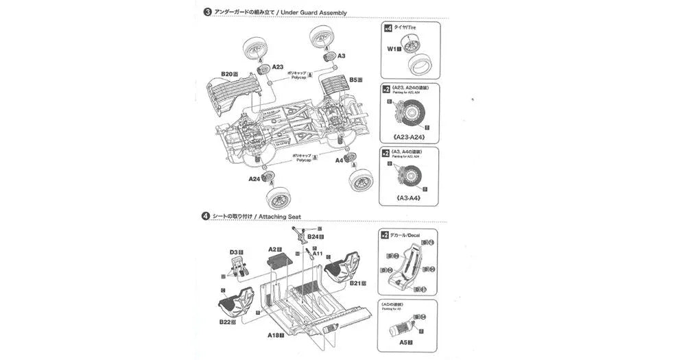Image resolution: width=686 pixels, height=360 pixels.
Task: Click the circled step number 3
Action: coord(206,12)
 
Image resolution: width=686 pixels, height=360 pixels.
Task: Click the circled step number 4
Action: coord(206,216)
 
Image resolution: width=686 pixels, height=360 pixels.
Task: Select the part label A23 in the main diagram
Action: coord(278,67)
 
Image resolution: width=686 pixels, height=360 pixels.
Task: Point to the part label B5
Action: coord(353,80)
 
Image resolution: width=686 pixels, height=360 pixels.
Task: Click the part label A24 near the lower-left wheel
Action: coord(253,179)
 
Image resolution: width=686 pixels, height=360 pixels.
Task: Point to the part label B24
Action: coord(312,237)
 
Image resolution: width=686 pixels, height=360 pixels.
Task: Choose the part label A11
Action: coord(318,253)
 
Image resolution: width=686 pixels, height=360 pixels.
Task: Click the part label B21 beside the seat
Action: coord(355,283)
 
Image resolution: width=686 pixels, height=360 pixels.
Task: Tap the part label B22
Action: coord(225,321)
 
